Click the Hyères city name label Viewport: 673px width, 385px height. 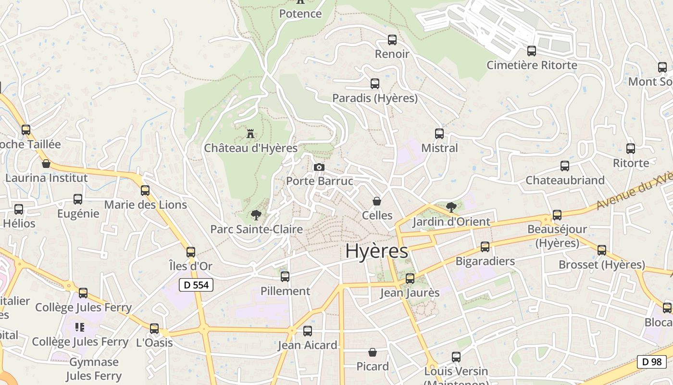tap(376, 251)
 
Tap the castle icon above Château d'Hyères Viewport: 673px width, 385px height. tap(250, 133)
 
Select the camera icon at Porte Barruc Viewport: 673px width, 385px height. tap(319, 167)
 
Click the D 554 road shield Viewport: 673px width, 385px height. tap(196, 285)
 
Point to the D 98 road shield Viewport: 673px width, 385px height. tap(651, 362)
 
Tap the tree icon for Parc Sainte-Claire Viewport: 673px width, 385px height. tap(256, 215)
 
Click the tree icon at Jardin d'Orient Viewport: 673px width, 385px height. tap(451, 207)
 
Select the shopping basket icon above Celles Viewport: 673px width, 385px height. tap(377, 201)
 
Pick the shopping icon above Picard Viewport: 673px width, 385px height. tap(373, 353)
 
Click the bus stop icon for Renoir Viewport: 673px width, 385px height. tap(392, 40)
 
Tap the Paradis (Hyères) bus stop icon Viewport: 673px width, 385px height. tap(375, 84)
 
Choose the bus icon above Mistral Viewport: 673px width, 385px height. tap(439, 134)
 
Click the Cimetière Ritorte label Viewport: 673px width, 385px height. tap(532, 65)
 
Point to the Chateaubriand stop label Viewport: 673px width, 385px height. tap(565, 180)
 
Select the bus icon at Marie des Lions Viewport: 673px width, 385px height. tap(145, 191)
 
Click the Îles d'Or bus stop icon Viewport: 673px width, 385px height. tap(191, 252)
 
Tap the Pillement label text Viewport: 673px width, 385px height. tap(285, 291)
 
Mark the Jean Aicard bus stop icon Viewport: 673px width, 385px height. tap(308, 331)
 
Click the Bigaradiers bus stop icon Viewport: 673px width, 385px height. tap(485, 247)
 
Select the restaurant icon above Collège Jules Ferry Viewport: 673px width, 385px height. tap(80, 327)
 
